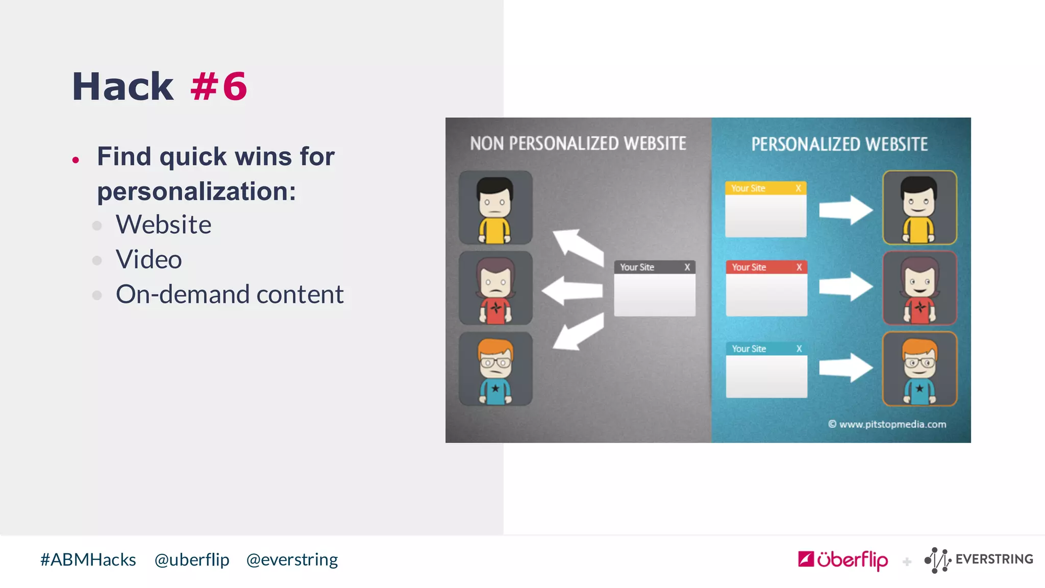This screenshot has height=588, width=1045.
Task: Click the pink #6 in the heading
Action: pos(218,87)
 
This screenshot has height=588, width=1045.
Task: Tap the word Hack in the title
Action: pos(122,87)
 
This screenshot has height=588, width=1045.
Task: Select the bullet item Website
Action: pos(163,225)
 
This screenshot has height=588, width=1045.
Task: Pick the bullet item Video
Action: pos(148,259)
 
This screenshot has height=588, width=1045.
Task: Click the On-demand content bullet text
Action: pos(230,295)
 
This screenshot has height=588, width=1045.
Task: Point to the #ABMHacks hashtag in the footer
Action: pos(88,560)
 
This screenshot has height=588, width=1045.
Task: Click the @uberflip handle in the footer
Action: pos(192,560)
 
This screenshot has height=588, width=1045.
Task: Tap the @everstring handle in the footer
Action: pos(292,560)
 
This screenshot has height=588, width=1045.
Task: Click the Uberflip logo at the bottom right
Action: pos(843,560)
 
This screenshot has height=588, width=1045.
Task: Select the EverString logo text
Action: pos(994,559)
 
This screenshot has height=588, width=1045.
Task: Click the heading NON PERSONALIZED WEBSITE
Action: pos(578,144)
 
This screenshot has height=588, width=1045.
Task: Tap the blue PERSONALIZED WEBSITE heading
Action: pos(839,144)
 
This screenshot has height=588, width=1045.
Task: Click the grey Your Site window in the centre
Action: pos(655,289)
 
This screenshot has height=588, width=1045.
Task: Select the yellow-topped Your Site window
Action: pos(766,209)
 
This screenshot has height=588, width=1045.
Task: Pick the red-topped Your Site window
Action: pos(766,288)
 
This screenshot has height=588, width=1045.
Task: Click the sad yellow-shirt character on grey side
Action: pos(495,208)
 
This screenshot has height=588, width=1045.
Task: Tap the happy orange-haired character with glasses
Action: pos(919,369)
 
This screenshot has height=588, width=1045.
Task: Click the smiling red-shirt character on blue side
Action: pos(919,288)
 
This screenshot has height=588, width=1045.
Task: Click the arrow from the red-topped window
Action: pos(845,286)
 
